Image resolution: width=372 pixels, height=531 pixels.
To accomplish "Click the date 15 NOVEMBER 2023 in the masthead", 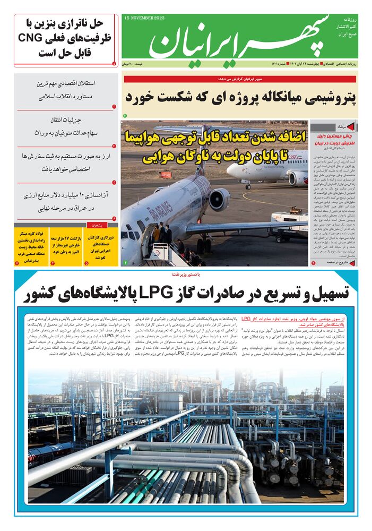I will coord(144,18).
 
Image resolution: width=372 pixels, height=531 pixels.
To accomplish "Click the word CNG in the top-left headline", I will coord(33,38).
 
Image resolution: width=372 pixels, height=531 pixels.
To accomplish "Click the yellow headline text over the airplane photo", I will coord(214,146).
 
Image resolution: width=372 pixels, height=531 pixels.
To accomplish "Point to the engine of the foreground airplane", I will coord(219,199).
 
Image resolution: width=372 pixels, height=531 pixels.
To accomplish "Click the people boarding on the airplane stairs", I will coord(159,234).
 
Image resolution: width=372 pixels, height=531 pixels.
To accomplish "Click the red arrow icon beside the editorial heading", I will coord(350,127).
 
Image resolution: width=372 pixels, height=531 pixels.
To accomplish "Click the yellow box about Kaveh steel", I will coord(31,244).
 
